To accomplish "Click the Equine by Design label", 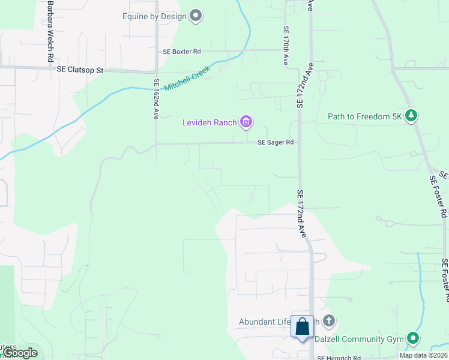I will click(x=155, y=16).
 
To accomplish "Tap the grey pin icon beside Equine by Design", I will click(x=196, y=16).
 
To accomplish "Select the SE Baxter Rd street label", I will click(x=182, y=52).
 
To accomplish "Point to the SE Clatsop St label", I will click(x=80, y=70).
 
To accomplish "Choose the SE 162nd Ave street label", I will click(x=156, y=100).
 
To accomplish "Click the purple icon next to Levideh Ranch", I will click(x=246, y=122).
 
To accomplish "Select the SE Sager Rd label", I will click(x=276, y=143).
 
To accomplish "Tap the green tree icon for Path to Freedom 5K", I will click(x=411, y=115).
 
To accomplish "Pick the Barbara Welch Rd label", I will click(x=47, y=30).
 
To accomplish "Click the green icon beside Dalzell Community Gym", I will click(x=412, y=339).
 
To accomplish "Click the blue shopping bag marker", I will click(x=303, y=328).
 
